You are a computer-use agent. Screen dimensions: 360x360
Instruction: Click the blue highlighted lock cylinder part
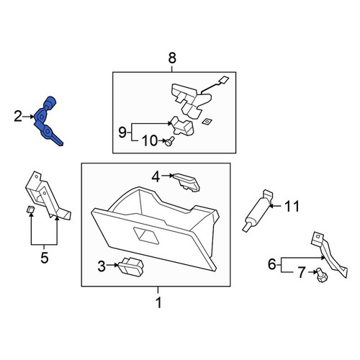click(x=47, y=120)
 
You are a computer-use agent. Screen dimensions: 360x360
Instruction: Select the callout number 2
click(x=18, y=117)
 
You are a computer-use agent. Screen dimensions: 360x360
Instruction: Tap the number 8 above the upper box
click(x=172, y=58)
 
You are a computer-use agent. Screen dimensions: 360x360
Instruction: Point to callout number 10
click(x=150, y=140)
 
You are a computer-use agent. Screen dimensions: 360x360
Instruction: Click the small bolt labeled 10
click(x=169, y=141)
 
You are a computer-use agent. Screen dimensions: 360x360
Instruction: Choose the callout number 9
click(x=122, y=132)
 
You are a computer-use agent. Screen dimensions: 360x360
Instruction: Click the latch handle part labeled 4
click(x=186, y=182)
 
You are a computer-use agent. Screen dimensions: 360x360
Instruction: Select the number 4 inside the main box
click(x=156, y=177)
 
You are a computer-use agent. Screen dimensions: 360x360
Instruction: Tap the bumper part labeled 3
click(x=131, y=266)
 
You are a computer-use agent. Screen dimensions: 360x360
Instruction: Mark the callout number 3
click(x=102, y=266)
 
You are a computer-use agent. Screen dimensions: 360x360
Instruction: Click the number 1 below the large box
click(x=158, y=302)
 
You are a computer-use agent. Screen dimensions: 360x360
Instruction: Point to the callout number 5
click(x=45, y=258)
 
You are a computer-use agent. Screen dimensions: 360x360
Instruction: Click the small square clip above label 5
click(x=30, y=210)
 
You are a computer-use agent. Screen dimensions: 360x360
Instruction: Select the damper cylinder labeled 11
click(x=257, y=211)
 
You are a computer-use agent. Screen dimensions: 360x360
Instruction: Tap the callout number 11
click(x=292, y=206)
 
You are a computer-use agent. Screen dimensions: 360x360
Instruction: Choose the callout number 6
click(x=272, y=264)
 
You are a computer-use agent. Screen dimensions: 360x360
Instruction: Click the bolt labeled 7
click(x=321, y=275)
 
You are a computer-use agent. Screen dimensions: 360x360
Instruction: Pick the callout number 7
click(x=302, y=272)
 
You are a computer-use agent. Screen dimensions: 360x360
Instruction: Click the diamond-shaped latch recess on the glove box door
click(x=146, y=236)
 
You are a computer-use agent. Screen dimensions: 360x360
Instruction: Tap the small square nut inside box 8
click(x=206, y=122)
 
